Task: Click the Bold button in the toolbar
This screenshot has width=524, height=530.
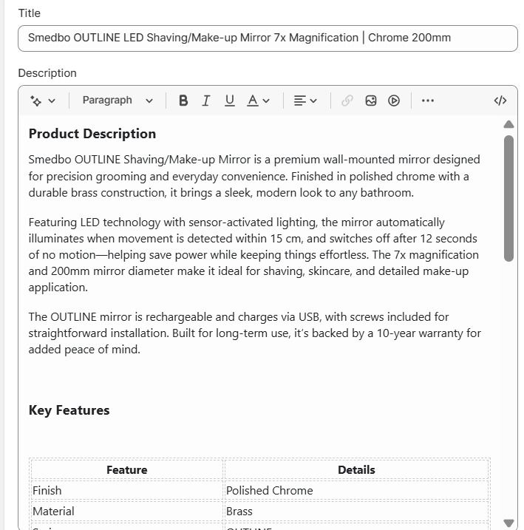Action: click(x=183, y=101)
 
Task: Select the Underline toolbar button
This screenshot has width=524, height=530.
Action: click(x=230, y=101)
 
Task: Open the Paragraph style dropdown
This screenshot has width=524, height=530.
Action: click(x=118, y=101)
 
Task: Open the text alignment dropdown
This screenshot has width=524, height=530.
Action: click(x=304, y=101)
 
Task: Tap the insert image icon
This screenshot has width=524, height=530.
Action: click(x=371, y=101)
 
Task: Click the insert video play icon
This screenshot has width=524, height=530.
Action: click(x=394, y=101)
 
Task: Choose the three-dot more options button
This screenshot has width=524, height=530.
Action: click(x=428, y=101)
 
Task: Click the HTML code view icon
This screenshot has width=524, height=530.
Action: click(x=500, y=101)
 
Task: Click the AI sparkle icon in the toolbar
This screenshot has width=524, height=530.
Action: click(x=42, y=101)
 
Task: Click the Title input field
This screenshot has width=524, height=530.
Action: click(x=268, y=38)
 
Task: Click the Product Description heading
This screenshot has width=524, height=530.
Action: click(x=92, y=134)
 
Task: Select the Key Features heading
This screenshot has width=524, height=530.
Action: click(x=69, y=410)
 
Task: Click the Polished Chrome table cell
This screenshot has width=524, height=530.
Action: click(x=270, y=491)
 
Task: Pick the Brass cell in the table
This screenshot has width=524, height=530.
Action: click(x=239, y=512)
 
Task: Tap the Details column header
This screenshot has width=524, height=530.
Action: click(x=356, y=470)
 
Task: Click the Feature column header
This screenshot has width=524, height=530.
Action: click(x=126, y=470)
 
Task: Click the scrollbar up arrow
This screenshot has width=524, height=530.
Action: click(x=508, y=124)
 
